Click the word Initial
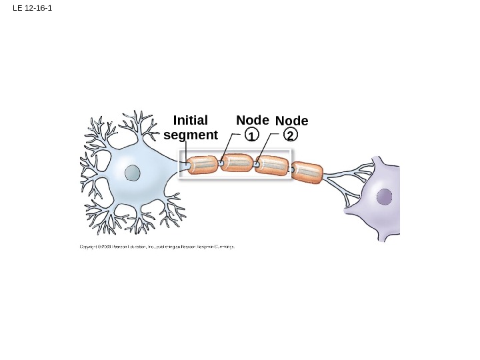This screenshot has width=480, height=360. click(190, 121)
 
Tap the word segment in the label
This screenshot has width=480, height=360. click(191, 135)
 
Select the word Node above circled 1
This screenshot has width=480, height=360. click(253, 120)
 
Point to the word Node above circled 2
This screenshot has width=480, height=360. click(291, 121)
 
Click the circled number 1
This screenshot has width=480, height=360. click(251, 135)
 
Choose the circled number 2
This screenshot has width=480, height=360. click(291, 135)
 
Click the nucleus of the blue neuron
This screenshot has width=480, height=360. click(133, 173)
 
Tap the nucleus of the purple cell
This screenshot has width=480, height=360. click(385, 197)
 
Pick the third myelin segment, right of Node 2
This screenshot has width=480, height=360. click(272, 165)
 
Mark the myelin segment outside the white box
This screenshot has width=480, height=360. click(308, 171)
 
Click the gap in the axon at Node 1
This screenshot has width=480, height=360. click(221, 163)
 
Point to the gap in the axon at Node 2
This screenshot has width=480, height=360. click(255, 164)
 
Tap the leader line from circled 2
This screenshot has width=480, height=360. click(265, 147)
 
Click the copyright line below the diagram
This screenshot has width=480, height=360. click(157, 246)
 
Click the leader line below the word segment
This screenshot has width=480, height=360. click(187, 152)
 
